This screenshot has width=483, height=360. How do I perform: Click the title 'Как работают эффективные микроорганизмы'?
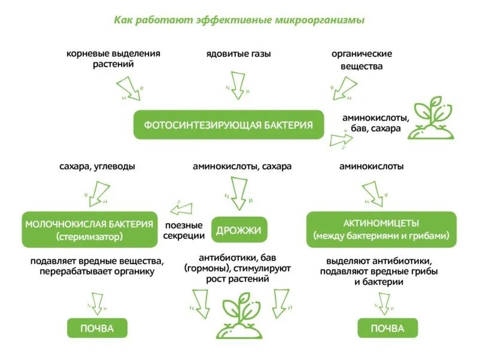(239, 20)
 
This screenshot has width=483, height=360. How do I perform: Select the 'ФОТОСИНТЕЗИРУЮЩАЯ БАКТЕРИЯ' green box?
(228, 125)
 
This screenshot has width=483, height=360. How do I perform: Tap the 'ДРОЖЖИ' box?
(238, 229)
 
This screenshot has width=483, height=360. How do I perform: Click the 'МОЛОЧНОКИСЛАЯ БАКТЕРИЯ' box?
(90, 229)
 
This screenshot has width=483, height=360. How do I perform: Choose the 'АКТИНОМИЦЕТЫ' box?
(381, 229)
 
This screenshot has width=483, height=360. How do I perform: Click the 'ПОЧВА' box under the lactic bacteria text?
(96, 328)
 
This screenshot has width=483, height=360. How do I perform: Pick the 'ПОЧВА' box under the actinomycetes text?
(387, 328)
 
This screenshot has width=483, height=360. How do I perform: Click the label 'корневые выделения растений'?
(113, 59)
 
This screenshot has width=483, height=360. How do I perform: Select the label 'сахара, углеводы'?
(97, 167)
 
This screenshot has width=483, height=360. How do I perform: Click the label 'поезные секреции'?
(184, 230)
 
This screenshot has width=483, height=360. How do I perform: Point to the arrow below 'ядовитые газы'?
(238, 84)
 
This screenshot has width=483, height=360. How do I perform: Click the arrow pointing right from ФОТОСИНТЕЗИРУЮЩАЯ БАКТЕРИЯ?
(341, 141)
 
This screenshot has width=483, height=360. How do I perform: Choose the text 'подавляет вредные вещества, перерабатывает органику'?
(97, 267)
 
